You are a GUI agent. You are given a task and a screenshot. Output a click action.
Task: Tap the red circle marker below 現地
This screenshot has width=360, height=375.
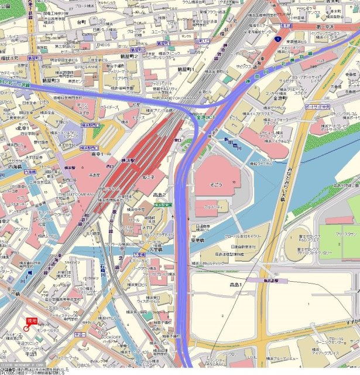tap(27, 330)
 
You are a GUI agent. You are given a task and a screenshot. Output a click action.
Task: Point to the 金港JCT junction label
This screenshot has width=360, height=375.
tap(206, 118)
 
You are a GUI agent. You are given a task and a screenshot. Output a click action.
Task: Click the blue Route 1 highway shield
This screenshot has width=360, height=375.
tap(275, 39)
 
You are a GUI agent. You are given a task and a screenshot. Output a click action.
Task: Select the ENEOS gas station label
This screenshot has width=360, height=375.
tap(104, 45)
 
